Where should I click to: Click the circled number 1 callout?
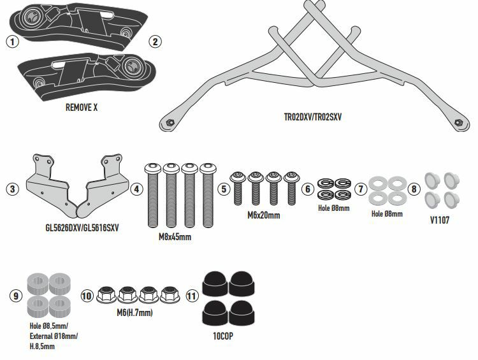coord(11,42)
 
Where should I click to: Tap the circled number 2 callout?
coord(154,42)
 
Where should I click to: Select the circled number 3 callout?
coord(11,189)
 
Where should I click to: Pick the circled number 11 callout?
coord(192,296)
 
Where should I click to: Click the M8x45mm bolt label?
coord(175,236)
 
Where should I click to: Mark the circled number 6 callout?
coord(307,189)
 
